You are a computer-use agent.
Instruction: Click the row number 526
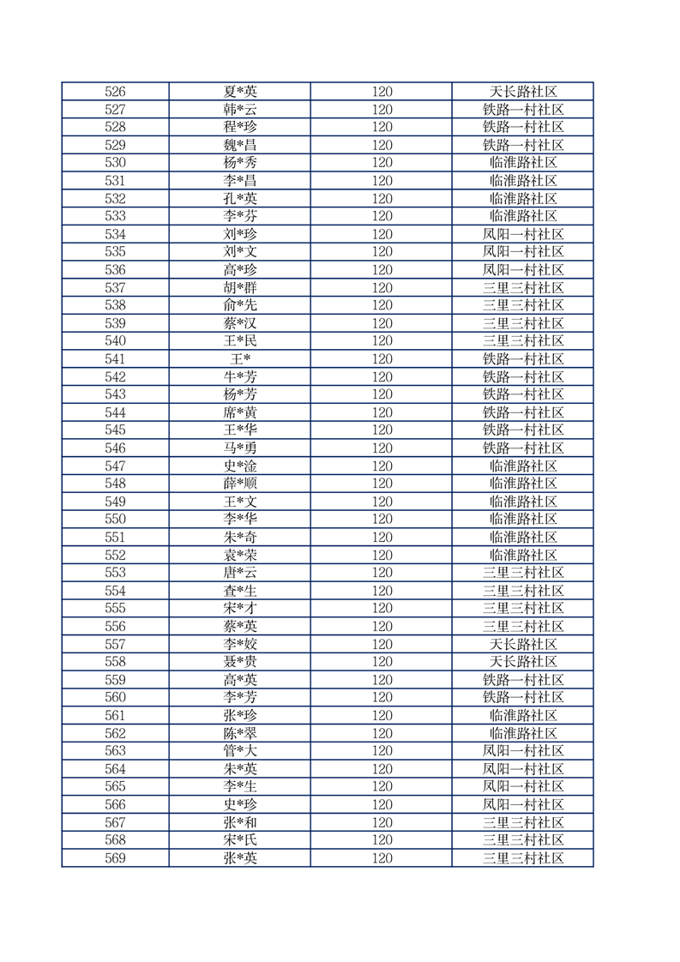tap(115, 92)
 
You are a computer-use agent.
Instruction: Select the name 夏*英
tap(240, 92)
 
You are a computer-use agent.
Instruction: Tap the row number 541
tap(115, 359)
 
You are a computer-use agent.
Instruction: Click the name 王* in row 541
tap(240, 359)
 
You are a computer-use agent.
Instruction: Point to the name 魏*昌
tap(240, 145)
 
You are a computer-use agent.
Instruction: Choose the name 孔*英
tap(240, 199)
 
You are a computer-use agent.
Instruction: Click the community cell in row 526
tap(523, 92)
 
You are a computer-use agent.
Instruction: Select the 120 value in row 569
tap(382, 858)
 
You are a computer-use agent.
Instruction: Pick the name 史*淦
tap(240, 466)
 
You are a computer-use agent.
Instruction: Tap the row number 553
tap(115, 573)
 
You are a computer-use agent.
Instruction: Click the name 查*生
tap(240, 591)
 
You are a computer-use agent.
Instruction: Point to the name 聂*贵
tap(240, 662)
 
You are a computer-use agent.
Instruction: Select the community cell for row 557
tap(523, 644)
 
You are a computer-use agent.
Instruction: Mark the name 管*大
tap(240, 751)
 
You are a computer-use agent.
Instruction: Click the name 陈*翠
tap(240, 733)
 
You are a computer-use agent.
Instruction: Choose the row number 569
tap(115, 858)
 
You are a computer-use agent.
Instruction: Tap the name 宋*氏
tap(240, 840)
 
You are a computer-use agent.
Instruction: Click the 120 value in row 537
tap(382, 288)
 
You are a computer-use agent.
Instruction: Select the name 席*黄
tap(240, 412)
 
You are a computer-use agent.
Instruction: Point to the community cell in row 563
tap(523, 751)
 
